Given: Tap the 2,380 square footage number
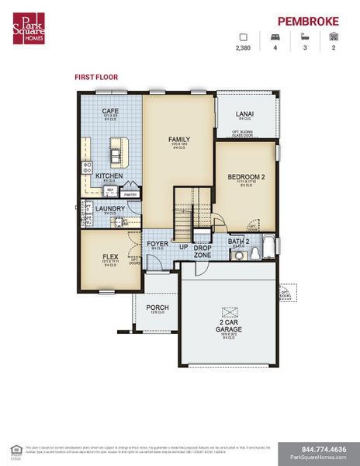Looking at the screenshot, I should (x=244, y=48).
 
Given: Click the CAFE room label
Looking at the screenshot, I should (x=110, y=111).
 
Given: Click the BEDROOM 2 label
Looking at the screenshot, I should (x=246, y=177).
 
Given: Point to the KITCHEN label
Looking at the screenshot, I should (x=109, y=176).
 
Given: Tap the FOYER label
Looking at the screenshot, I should (x=157, y=244).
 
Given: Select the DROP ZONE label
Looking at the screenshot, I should (x=202, y=251).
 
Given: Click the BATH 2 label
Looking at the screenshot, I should (x=237, y=242).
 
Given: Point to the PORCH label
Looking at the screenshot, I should (x=157, y=308).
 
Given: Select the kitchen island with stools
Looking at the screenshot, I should (x=118, y=152).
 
